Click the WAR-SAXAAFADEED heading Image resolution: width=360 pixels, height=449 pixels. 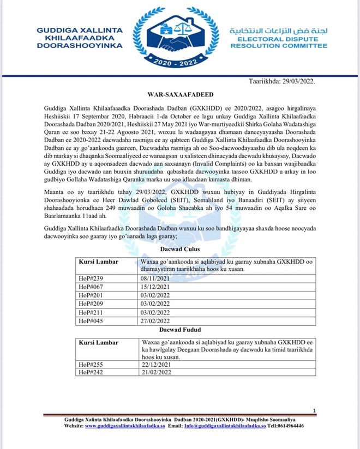(179, 94)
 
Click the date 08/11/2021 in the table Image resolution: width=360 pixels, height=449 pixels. (153, 277)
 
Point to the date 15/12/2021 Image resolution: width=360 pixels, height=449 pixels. (153, 286)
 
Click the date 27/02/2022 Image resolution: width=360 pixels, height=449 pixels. (153, 321)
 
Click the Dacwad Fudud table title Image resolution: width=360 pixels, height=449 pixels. (180, 330)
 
